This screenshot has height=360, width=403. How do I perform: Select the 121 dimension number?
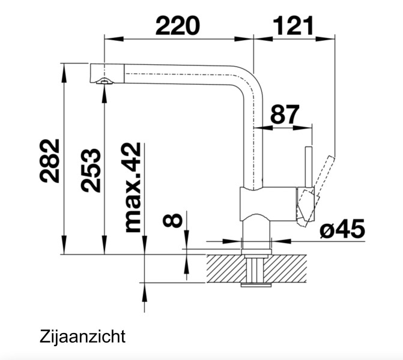pyautogui.click(x=293, y=25)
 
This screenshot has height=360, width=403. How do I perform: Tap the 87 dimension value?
pyautogui.click(x=285, y=115)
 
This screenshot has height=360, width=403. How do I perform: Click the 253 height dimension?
pyautogui.click(x=91, y=170)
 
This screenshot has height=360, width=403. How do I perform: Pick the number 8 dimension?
pyautogui.click(x=173, y=220)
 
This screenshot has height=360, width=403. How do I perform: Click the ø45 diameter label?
pyautogui.click(x=342, y=229)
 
